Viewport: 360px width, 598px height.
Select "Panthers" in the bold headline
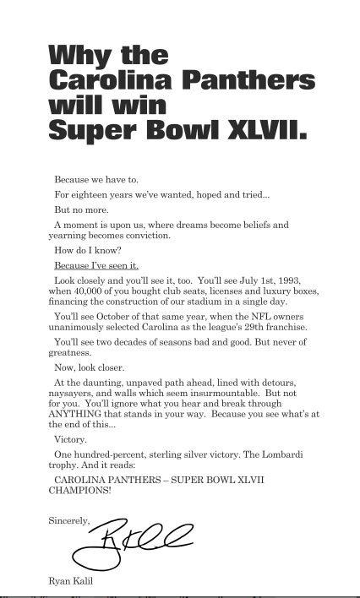(x=250, y=81)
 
